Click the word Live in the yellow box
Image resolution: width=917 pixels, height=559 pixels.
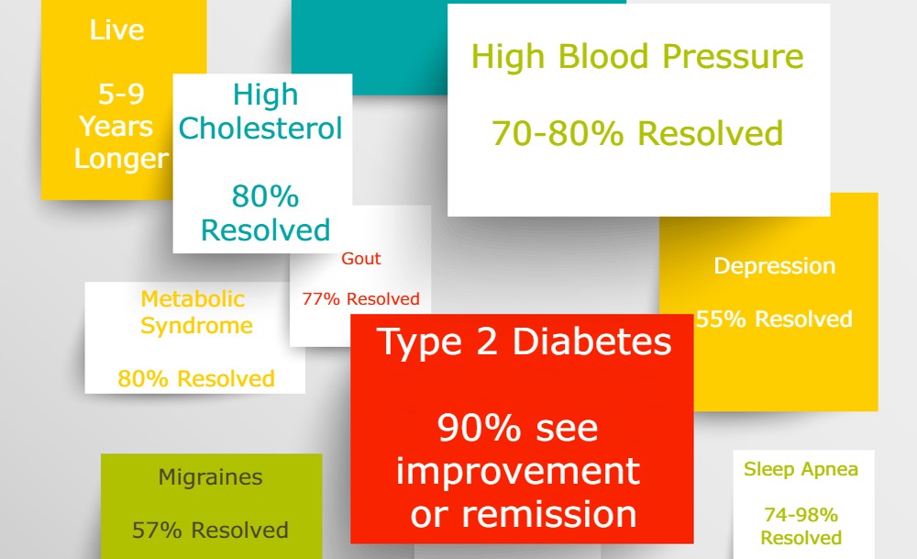tap(116, 30)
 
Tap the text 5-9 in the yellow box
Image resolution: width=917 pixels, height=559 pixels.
tap(121, 94)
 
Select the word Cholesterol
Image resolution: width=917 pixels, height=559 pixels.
tap(260, 129)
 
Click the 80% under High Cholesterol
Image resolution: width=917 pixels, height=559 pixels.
tap(265, 196)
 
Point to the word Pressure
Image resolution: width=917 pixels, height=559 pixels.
tap(733, 57)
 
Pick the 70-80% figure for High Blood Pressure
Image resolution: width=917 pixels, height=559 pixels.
tap(558, 133)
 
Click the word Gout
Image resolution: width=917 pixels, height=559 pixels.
tap(360, 258)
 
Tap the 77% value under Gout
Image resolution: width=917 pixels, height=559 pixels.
tap(320, 299)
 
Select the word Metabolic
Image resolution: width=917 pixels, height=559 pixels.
tap(193, 299)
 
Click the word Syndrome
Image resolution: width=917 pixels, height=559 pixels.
tap(196, 326)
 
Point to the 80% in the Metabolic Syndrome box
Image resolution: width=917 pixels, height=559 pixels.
tap(143, 379)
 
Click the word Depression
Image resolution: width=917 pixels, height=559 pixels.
tap(774, 266)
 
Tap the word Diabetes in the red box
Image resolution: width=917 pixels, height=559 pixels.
tap(591, 341)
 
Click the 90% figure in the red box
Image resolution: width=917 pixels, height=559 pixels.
tap(479, 429)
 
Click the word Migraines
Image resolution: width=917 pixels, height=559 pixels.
tap(211, 477)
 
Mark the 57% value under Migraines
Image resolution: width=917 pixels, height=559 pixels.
tap(157, 531)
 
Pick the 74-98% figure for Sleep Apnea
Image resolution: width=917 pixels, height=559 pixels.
tap(801, 515)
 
